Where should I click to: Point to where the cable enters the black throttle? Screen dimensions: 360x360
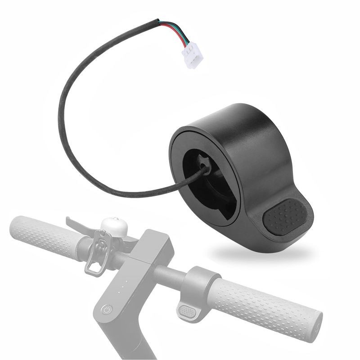(205, 167)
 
